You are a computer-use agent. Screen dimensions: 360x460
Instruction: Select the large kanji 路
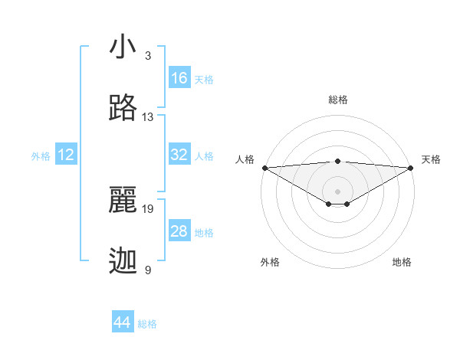123,109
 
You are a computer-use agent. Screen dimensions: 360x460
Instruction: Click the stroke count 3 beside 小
148,56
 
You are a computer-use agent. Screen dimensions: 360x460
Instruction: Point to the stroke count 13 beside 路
148,117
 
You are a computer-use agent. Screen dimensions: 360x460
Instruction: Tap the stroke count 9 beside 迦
148,270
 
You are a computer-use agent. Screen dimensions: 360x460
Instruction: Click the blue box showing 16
179,78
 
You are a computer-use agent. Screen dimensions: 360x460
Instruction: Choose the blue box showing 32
179,155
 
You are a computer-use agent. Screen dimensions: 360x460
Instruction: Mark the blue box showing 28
179,231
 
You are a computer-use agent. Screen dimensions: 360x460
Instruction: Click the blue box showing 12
66,155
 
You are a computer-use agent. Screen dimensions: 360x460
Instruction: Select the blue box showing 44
123,322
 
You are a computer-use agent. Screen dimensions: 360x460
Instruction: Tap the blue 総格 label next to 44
148,324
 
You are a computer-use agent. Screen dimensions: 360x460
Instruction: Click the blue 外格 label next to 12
41,156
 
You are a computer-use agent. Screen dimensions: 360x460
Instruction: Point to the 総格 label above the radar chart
337,100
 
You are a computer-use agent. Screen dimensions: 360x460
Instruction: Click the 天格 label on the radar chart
431,159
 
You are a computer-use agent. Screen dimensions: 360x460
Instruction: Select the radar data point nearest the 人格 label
264,168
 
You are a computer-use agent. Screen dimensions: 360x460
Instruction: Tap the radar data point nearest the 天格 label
411,168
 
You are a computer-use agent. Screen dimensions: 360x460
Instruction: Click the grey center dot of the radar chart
337,191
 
